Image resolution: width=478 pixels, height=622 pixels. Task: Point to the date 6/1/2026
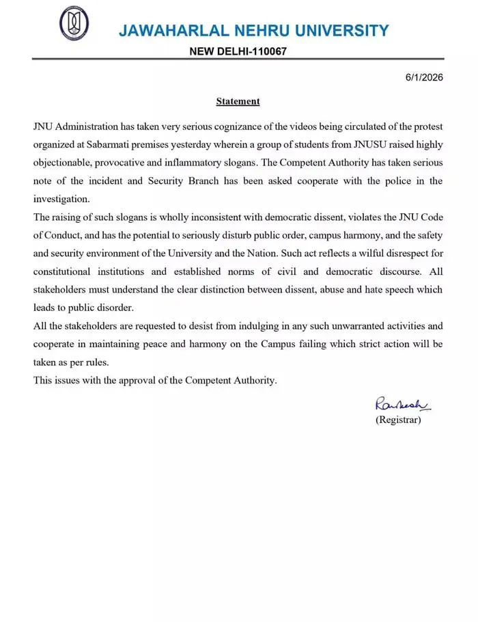coord(424,77)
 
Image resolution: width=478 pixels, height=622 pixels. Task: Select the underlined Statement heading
coord(238,101)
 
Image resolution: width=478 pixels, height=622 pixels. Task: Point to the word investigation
coord(61,198)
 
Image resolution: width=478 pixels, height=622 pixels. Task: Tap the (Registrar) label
coord(398,420)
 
